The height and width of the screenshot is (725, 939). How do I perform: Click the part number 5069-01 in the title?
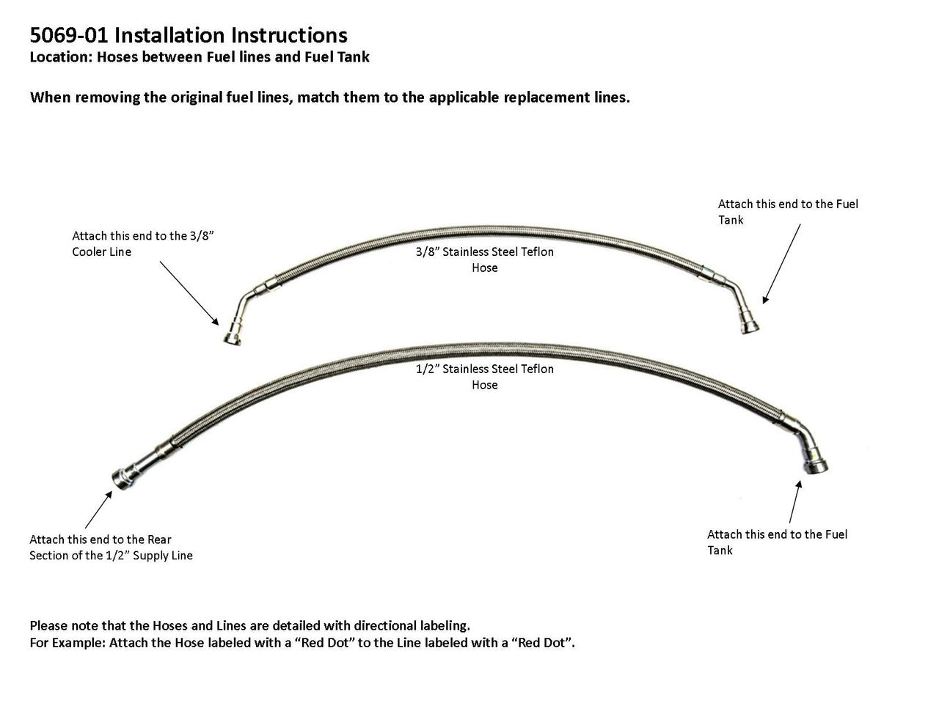(x=69, y=35)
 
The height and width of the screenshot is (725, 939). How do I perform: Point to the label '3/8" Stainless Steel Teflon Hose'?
(x=484, y=260)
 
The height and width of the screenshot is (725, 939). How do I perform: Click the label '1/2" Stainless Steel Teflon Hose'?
(x=484, y=377)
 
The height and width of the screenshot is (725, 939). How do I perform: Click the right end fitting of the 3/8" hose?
(x=748, y=323)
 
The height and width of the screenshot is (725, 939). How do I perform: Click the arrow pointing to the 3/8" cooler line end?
(x=189, y=292)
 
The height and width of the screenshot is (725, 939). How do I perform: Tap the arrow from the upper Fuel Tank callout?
(x=781, y=264)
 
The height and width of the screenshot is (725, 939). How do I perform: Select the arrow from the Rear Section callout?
(x=98, y=509)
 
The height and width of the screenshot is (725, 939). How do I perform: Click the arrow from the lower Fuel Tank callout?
(x=794, y=501)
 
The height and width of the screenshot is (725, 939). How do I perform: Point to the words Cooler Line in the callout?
(x=101, y=251)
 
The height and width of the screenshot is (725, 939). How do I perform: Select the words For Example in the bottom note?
(x=67, y=643)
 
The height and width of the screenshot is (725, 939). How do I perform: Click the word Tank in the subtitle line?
(x=353, y=57)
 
